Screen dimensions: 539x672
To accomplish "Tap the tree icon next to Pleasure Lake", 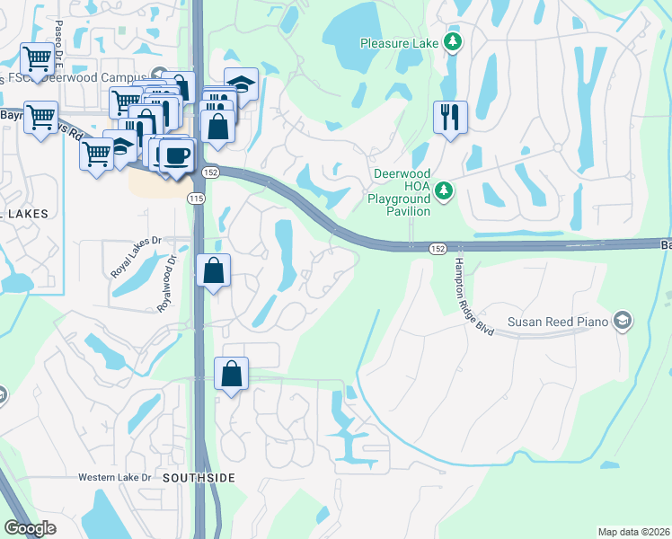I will click(x=454, y=42).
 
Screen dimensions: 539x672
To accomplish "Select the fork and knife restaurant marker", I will click(x=450, y=118).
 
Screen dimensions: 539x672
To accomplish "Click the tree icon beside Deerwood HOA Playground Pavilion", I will click(x=443, y=190).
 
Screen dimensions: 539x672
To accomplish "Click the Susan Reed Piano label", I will click(x=557, y=322).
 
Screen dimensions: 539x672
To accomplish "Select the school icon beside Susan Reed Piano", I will click(x=622, y=321).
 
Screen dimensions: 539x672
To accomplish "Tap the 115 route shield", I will click(x=195, y=198).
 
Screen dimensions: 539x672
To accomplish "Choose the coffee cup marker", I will click(x=175, y=155).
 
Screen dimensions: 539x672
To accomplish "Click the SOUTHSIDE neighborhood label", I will click(x=199, y=478).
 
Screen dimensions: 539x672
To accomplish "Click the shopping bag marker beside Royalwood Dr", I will click(x=213, y=271).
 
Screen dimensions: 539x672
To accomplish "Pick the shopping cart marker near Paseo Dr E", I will click(x=37, y=60).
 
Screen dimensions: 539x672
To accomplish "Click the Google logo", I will click(x=30, y=528).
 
